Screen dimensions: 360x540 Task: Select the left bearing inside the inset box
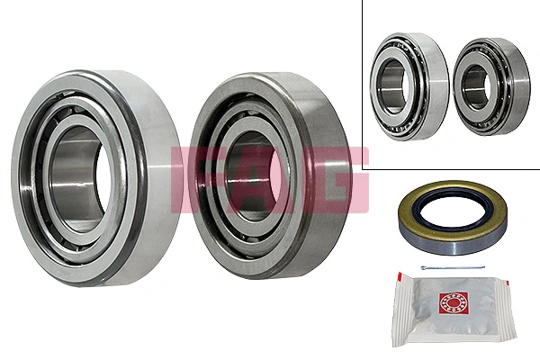(410, 86)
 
